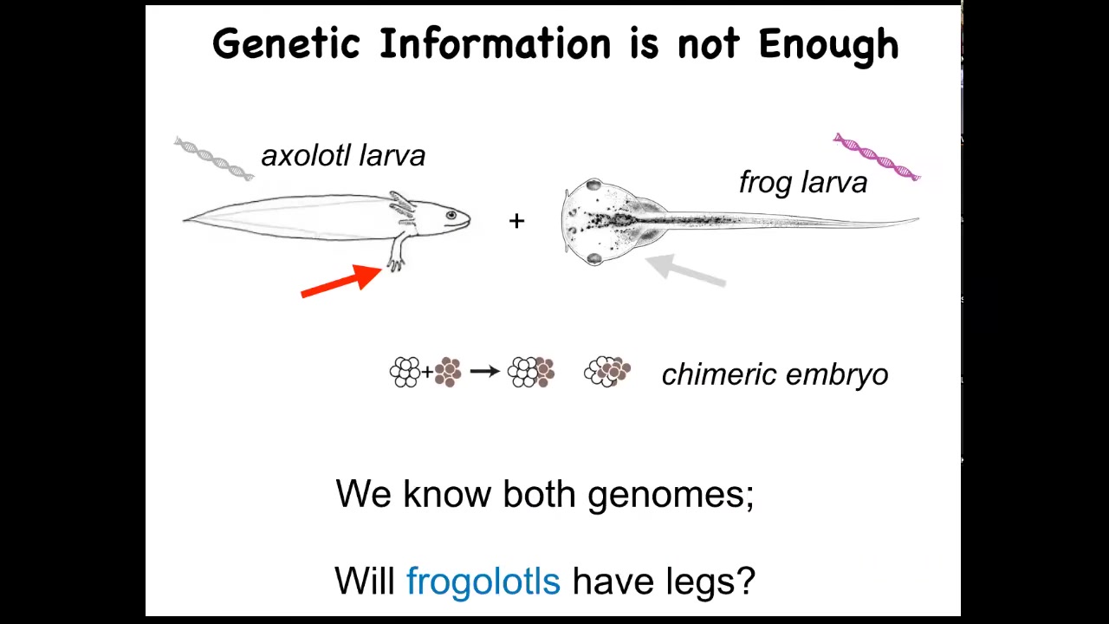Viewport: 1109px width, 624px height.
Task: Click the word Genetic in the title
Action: click(x=287, y=43)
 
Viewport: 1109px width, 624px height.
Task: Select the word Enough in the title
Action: click(x=829, y=46)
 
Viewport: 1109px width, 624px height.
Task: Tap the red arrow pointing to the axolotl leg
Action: click(x=341, y=281)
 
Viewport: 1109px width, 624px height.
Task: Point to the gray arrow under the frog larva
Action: click(x=685, y=270)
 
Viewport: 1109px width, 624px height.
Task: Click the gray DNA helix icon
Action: click(x=214, y=159)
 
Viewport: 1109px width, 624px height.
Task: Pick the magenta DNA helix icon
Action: click(x=877, y=158)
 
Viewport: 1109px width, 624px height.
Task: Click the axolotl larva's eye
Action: click(x=451, y=216)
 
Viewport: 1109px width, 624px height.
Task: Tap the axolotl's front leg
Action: click(x=397, y=252)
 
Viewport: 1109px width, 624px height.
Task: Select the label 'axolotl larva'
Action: click(x=343, y=155)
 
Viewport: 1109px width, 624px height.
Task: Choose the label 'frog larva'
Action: click(x=803, y=182)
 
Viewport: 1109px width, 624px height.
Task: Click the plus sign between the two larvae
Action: click(x=516, y=221)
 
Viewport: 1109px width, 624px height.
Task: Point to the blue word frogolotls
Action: click(x=483, y=581)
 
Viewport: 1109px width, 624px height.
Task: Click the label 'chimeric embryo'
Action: click(x=775, y=374)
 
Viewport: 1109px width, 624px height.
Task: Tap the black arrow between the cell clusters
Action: click(x=484, y=371)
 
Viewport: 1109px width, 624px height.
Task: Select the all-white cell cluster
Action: click(x=405, y=372)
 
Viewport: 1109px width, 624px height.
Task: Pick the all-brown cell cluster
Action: click(x=448, y=372)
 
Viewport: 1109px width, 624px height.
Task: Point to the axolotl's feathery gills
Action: click(x=401, y=207)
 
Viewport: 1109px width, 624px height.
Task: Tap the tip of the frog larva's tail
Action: click(x=918, y=218)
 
